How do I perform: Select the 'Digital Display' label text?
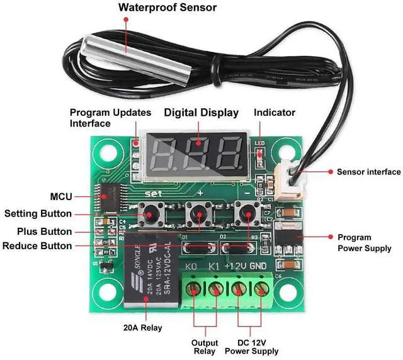(x=201, y=113)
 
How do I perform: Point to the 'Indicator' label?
(x=274, y=113)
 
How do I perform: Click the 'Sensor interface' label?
(x=368, y=172)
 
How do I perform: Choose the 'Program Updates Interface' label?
(x=110, y=118)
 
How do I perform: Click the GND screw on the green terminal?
(x=260, y=290)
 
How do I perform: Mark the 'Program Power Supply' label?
(x=364, y=243)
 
